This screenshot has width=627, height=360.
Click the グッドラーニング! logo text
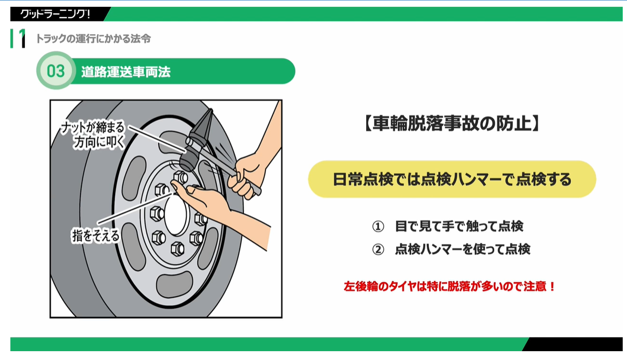55,14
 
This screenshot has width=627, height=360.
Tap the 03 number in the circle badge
55,71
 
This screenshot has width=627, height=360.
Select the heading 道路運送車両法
126,72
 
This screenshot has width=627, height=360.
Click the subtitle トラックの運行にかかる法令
93,38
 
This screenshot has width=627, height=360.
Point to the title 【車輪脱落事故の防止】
452,123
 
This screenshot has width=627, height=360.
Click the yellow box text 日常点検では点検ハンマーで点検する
452,179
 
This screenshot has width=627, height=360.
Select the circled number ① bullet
378,226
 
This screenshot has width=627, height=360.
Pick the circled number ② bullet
378,249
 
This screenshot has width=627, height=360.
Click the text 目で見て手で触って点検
459,226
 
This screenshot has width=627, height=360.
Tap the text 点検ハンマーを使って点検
463,249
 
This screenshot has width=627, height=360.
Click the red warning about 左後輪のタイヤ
450,286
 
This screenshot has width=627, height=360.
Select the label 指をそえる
96,235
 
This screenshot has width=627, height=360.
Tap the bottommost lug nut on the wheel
177,248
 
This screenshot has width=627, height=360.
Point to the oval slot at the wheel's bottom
174,284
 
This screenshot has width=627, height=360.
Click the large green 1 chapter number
22,38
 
